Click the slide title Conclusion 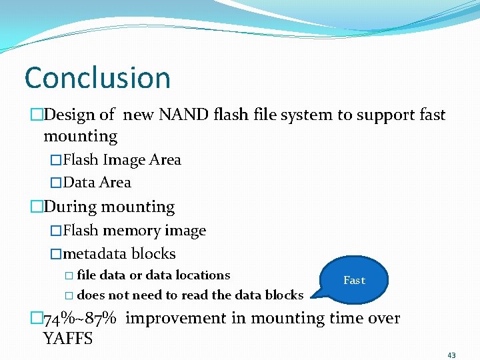point(97,78)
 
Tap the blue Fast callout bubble point(354,280)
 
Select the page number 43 point(451,355)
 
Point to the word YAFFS point(68,338)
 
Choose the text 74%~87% point(80,318)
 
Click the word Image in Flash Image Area point(125,160)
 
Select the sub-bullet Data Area point(97,183)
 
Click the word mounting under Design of point(80,137)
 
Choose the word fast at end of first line point(432,115)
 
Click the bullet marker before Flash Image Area point(56,160)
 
